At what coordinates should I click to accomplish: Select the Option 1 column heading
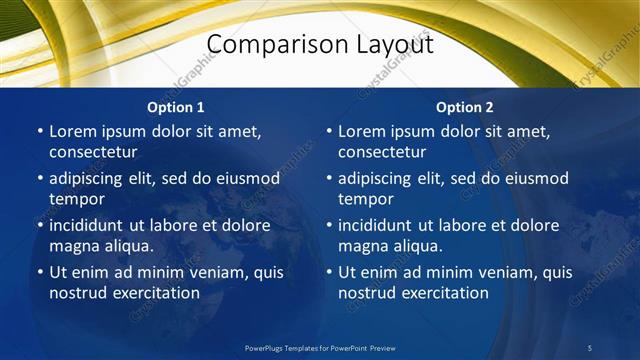click(x=176, y=107)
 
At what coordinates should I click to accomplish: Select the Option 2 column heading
click(x=465, y=107)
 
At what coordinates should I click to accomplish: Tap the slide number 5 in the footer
click(x=590, y=348)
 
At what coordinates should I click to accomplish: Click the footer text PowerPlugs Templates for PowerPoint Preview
click(x=320, y=348)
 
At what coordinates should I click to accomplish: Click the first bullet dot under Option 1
click(x=40, y=132)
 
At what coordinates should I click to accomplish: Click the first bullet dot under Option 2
click(x=329, y=132)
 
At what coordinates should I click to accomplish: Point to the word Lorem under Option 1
click(x=73, y=131)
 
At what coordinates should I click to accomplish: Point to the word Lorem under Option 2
click(x=362, y=131)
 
